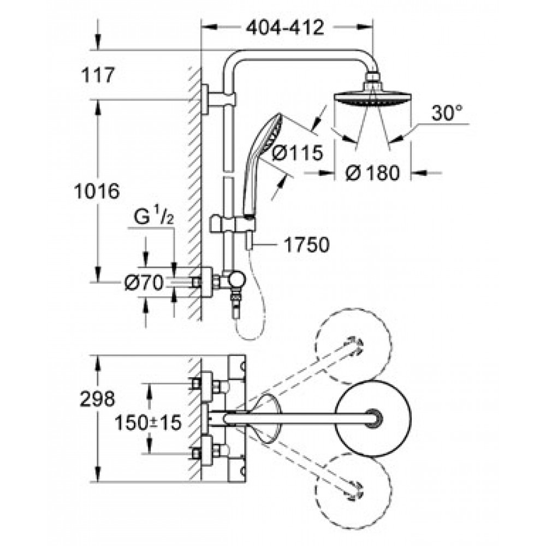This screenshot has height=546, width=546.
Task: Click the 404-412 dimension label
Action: click(285, 27)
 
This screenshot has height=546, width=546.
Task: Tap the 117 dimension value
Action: click(98, 75)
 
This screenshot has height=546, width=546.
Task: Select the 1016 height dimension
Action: click(97, 191)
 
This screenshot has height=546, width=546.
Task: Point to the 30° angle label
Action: click(447, 113)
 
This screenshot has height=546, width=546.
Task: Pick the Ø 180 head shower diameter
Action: click(372, 173)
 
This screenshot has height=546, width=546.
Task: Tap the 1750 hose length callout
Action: click(306, 245)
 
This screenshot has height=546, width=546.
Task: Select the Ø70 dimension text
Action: click(144, 282)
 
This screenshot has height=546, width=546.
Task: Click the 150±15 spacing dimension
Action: click(149, 423)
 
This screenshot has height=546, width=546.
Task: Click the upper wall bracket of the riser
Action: click(218, 99)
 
